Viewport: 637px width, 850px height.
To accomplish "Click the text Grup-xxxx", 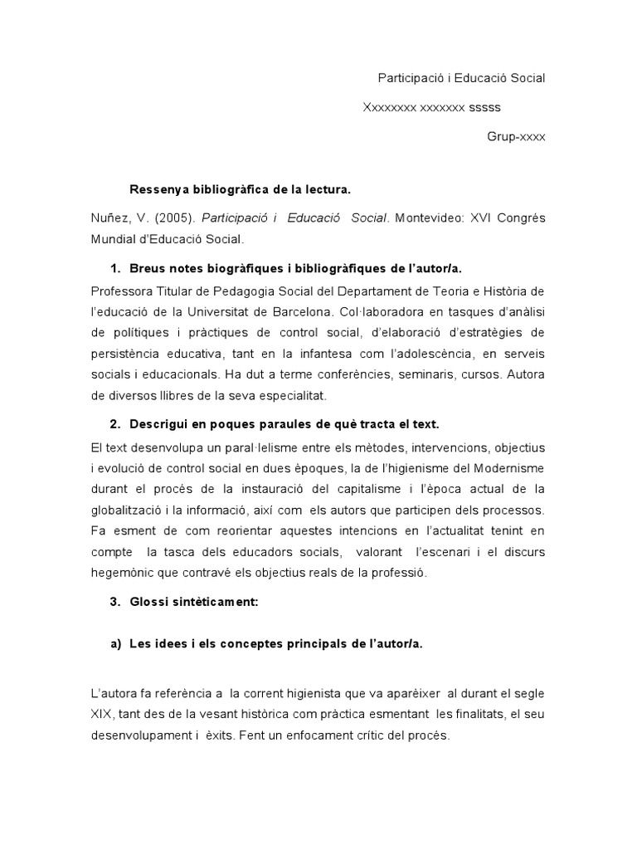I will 516,136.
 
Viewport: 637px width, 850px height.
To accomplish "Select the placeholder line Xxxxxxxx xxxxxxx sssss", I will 432,107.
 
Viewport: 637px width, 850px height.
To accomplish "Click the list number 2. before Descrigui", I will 115,426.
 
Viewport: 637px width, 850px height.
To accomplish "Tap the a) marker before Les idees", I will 115,647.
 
